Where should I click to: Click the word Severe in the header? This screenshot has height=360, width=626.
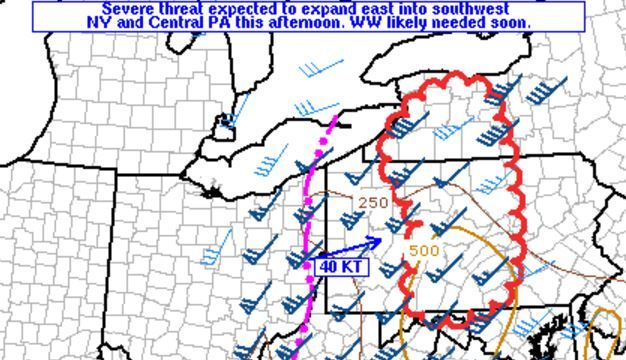tap(129, 9)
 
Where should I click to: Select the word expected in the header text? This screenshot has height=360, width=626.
tap(245, 9)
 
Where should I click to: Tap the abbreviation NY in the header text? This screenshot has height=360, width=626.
tap(97, 22)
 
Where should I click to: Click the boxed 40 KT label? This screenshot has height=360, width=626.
tap(342, 267)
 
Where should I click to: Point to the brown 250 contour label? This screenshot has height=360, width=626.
tap(372, 203)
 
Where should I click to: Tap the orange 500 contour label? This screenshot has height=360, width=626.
tap(424, 250)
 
